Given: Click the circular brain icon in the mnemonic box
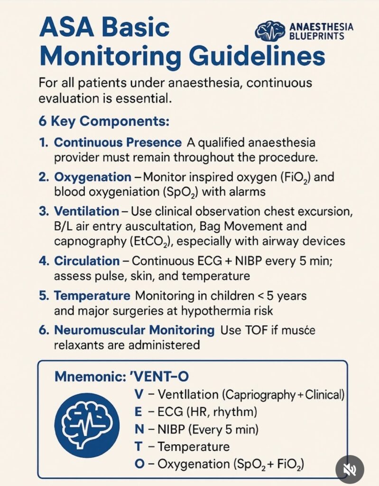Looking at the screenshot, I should click(87, 421).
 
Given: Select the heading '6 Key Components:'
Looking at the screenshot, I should click(103, 121).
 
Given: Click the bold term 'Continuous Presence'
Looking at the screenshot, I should click(117, 143).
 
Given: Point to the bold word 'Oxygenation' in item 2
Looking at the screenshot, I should click(92, 177).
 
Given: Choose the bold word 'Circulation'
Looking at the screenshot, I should click(87, 261).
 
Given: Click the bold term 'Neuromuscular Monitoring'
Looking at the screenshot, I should click(134, 329).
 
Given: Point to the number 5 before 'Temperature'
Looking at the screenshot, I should click(43, 296).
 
